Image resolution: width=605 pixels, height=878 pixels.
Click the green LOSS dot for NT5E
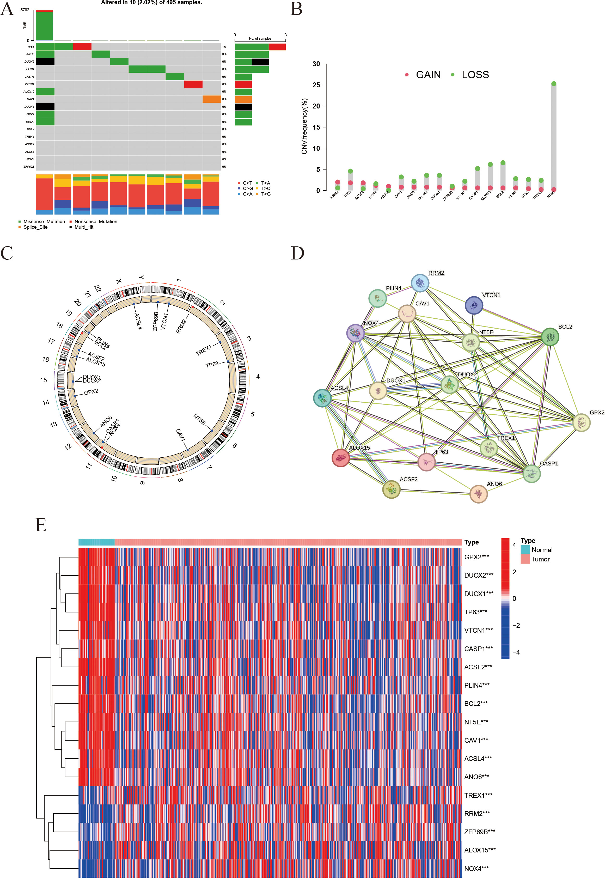[554, 84]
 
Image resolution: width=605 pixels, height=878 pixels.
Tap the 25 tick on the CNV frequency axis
[316, 85]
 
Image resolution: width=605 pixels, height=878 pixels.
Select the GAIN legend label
[428, 75]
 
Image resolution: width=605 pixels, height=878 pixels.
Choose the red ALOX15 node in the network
[340, 458]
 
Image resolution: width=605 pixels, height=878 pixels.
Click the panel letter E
[41, 525]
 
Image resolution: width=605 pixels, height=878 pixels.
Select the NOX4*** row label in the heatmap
[476, 868]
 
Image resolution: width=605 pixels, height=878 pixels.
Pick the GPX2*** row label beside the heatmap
[476, 557]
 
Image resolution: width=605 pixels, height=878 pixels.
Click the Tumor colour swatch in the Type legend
[525, 559]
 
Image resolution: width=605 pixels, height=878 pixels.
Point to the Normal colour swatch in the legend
[525, 549]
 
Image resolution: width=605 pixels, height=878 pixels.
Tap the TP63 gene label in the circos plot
[212, 365]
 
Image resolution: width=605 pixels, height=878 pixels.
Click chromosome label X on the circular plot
[119, 281]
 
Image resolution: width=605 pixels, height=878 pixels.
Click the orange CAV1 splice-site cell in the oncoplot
[211, 99]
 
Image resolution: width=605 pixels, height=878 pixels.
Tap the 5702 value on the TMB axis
[25, 10]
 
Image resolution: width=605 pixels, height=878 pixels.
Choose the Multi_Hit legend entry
[84, 227]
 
